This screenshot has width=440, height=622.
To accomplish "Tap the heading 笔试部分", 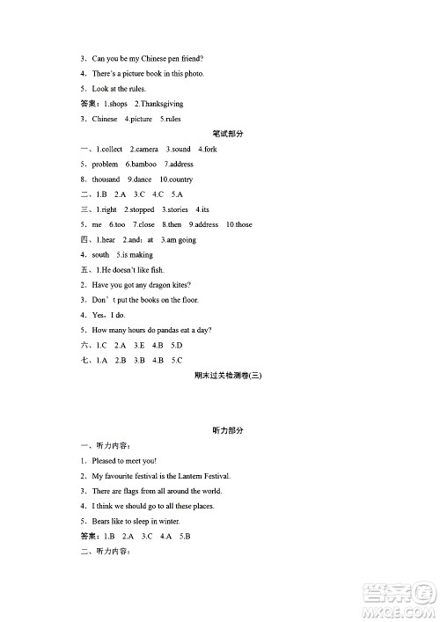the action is (227, 134).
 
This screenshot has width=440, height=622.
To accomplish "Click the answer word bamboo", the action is (144, 165).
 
